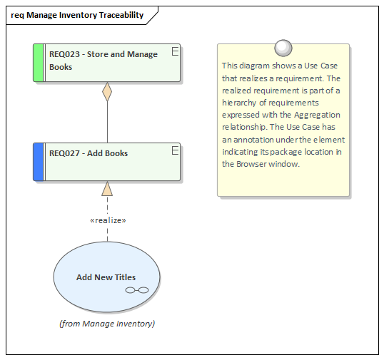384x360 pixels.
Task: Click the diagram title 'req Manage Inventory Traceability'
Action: tap(77, 15)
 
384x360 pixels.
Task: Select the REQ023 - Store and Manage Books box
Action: tap(107, 62)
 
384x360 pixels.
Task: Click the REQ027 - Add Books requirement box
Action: tap(107, 161)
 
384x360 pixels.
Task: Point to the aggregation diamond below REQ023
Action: tap(107, 92)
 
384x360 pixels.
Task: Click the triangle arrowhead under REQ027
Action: tap(107, 188)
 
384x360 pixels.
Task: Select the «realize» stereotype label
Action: tap(108, 220)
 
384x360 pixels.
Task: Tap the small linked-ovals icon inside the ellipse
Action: tap(136, 290)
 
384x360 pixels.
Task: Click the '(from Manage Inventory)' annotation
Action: tap(107, 324)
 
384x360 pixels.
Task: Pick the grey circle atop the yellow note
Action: tap(283, 47)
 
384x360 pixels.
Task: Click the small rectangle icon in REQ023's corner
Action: tap(175, 50)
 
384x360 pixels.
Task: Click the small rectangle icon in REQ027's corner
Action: tap(175, 149)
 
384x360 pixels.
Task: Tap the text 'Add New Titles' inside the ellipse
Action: tap(106, 277)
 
